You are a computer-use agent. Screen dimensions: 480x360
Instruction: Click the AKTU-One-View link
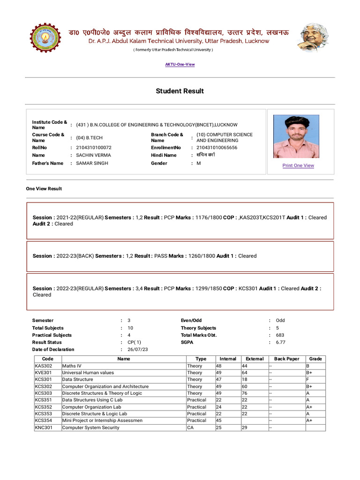click(180, 64)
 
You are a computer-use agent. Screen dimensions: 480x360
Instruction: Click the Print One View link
click(298, 165)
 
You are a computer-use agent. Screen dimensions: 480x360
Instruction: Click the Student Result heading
click(180, 91)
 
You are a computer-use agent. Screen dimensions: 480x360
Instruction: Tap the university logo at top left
click(42, 38)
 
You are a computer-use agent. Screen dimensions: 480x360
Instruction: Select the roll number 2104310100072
click(94, 148)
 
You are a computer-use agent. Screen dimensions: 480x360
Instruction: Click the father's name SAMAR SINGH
click(92, 163)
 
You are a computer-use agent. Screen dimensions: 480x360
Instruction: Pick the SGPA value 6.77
click(280, 342)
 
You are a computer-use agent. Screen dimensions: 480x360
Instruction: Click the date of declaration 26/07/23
click(137, 349)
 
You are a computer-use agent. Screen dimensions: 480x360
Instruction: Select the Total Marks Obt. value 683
click(280, 335)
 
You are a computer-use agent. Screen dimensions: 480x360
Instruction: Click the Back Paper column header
click(286, 359)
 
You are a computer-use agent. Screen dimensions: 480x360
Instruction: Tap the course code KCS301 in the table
click(44, 379)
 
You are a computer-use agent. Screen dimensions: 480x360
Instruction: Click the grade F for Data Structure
click(307, 379)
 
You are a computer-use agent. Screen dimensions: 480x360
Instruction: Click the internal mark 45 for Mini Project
click(218, 420)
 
